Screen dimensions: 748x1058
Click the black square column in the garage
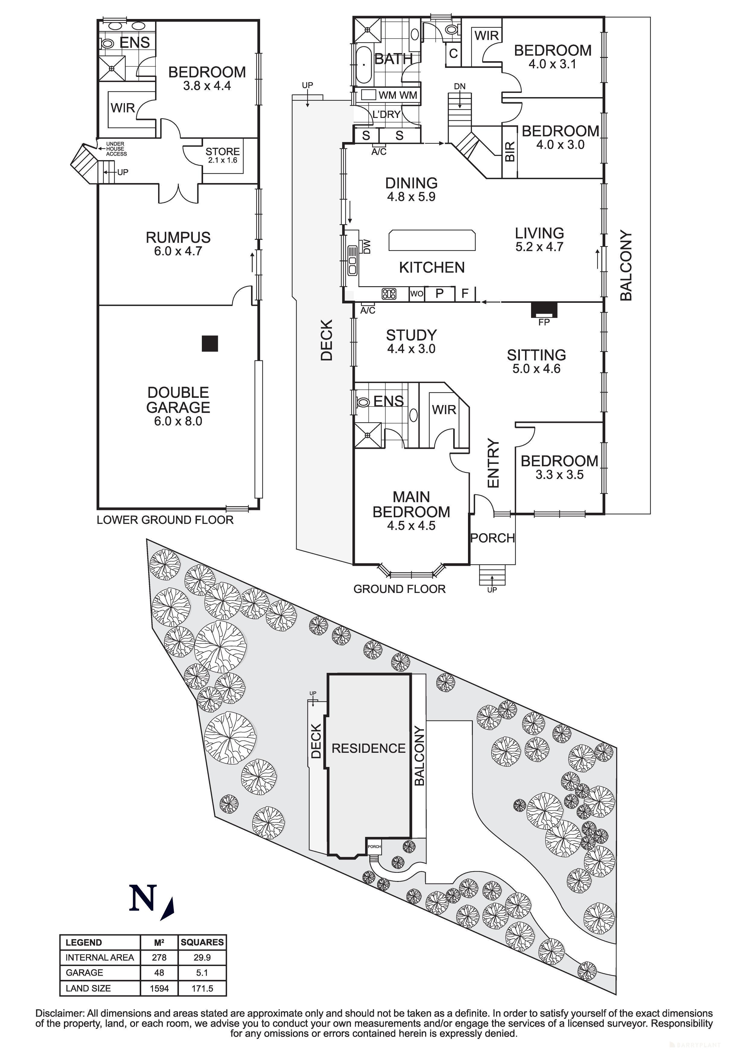point(210,344)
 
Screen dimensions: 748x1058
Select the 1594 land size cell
point(159,988)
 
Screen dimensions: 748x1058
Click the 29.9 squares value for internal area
point(202,957)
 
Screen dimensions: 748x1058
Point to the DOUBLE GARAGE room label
point(178,400)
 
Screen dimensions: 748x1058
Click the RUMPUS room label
point(178,238)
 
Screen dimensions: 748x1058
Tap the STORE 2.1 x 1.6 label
point(223,155)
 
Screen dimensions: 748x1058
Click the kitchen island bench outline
point(432,240)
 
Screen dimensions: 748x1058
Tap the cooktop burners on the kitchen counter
point(389,293)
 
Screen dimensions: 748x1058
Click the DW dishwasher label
point(367,246)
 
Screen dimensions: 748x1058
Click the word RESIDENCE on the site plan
point(369,748)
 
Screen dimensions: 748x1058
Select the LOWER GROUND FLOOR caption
point(165,520)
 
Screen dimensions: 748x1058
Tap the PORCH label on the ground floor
point(492,538)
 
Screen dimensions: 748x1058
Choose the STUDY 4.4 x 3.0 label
point(411,341)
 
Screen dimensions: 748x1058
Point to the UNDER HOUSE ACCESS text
point(116,149)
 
